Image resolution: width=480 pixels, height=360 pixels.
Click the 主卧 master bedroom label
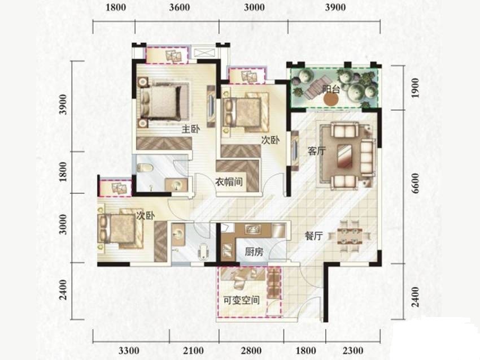[191, 129]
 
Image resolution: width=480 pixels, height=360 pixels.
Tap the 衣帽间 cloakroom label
[229, 181]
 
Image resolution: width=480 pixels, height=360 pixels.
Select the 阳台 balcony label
[331, 89]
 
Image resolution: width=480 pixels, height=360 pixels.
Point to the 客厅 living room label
[317, 151]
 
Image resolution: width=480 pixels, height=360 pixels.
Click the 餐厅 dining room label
[314, 236]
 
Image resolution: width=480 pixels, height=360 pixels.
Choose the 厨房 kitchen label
[254, 252]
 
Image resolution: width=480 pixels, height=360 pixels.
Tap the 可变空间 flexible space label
[242, 300]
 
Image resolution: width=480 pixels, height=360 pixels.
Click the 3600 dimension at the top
[180, 7]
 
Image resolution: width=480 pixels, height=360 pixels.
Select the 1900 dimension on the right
[415, 88]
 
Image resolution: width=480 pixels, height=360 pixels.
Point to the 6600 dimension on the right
[415, 183]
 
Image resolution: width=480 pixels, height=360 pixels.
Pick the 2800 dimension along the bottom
[251, 350]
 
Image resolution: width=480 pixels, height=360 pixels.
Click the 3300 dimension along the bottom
[129, 350]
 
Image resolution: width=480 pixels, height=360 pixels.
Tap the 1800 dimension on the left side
[63, 172]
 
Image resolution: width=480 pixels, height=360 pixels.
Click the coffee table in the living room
[345, 155]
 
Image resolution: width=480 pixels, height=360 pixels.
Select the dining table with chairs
[350, 236]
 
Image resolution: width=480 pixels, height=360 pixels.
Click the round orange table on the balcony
[331, 99]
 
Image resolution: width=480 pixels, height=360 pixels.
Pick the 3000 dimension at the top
[254, 7]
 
